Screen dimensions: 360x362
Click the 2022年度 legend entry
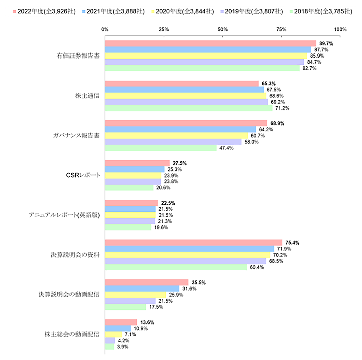[44, 12]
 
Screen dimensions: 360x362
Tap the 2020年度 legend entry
[182, 12]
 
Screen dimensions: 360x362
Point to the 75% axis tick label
[281, 29]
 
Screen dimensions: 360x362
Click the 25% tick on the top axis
[164, 29]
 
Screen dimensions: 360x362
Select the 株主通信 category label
[88, 96]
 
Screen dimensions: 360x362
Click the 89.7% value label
[326, 44]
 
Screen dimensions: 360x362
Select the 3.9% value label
[122, 347]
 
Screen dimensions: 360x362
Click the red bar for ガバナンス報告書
[186, 123]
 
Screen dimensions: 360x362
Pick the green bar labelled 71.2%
[188, 108]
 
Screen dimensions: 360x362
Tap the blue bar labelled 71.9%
[189, 249]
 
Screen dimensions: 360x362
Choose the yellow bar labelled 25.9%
[135, 295]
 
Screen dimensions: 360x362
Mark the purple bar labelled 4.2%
[110, 340]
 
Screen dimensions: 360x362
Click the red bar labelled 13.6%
[121, 322]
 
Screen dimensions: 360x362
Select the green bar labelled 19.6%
[128, 227]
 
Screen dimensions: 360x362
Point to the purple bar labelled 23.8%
[133, 181]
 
